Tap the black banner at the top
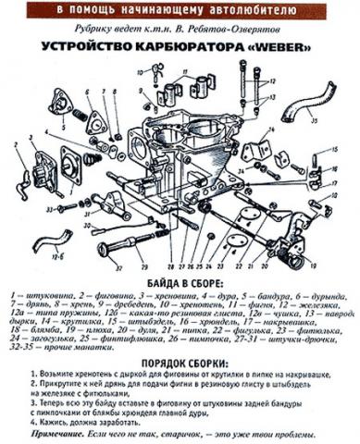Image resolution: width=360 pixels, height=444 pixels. point(180,7)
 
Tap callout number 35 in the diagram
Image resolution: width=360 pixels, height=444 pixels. point(339,119)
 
